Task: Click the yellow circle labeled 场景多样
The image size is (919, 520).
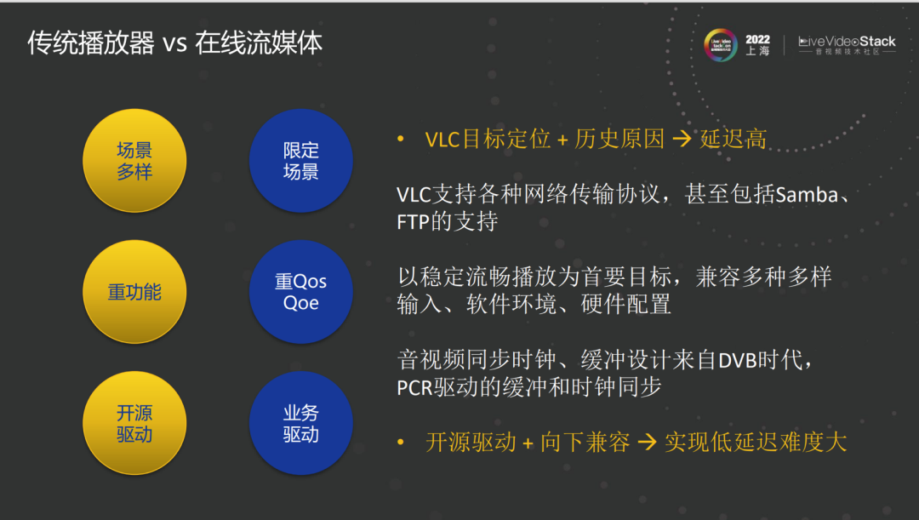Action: pos(134,161)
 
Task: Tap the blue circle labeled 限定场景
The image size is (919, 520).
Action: pos(301,161)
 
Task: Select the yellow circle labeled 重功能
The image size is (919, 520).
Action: pos(134,292)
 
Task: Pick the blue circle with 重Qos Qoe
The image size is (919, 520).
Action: pos(301,292)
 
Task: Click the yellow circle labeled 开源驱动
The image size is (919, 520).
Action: pos(134,423)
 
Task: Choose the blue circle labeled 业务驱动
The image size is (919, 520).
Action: pos(301,423)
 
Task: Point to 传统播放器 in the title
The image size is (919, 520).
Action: pos(90,43)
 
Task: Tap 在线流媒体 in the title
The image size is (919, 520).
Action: pos(259,43)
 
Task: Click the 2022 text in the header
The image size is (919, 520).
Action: pos(757,39)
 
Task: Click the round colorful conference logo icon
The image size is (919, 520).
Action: pos(721,45)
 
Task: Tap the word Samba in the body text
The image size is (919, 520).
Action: pos(807,195)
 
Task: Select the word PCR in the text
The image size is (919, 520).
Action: pos(415,388)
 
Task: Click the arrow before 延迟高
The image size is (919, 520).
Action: pos(682,140)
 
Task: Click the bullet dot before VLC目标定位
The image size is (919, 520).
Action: pos(401,139)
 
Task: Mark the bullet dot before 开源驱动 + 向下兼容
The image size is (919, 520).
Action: pos(401,443)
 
